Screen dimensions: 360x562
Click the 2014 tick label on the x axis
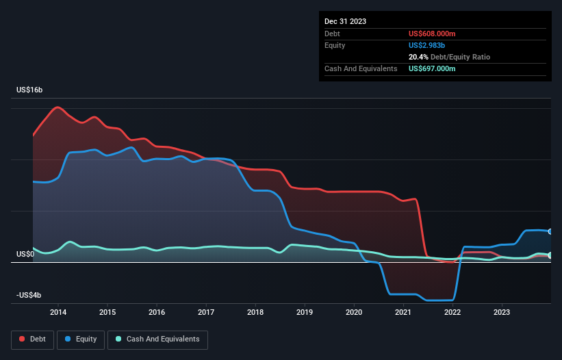(58, 313)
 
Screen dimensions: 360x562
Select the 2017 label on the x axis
(206, 313)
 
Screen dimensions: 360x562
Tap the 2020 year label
(354, 313)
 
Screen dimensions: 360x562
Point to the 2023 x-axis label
(502, 313)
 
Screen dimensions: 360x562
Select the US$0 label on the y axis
(25, 254)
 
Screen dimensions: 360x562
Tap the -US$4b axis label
(28, 295)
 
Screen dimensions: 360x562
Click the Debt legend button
(33, 339)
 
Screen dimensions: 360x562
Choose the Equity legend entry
(81, 339)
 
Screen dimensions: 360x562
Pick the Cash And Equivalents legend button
(157, 339)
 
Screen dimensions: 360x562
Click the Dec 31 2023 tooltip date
(345, 21)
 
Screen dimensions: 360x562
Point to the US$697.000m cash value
(432, 68)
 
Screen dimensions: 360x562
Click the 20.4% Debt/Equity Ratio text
(449, 57)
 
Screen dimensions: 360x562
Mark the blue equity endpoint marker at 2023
(550, 231)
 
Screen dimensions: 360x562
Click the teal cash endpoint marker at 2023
(550, 255)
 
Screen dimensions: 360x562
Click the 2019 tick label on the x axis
(305, 313)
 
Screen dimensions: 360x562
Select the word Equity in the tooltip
(335, 45)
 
